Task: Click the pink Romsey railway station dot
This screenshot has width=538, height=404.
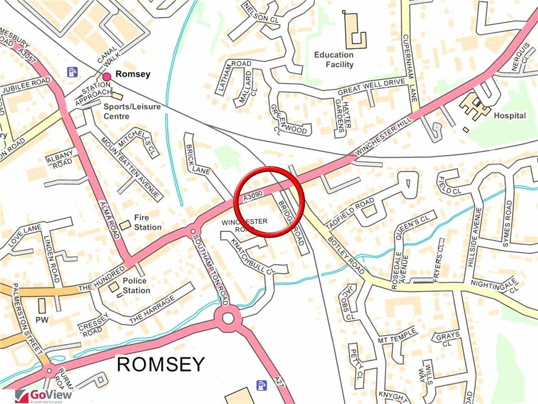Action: pos(107,77)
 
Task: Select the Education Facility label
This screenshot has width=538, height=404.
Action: pos(334,59)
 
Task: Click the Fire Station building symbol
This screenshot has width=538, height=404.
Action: pos(125,225)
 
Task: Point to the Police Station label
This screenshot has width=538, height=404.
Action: pos(136,286)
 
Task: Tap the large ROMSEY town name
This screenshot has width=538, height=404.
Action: pos(160,364)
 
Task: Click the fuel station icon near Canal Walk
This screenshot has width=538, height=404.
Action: pos(71,71)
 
